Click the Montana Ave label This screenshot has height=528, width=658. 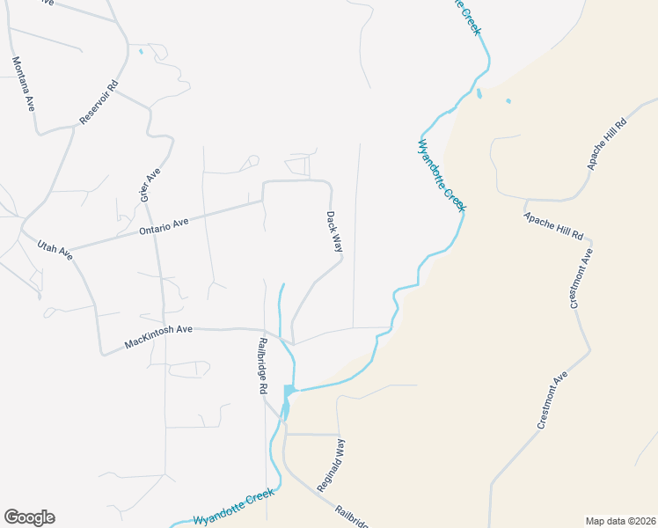click(x=23, y=84)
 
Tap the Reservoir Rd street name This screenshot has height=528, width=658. click(x=99, y=103)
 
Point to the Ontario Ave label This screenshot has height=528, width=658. click(x=164, y=226)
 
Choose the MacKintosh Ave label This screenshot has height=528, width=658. click(x=158, y=336)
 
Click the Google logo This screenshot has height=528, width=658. click(x=29, y=517)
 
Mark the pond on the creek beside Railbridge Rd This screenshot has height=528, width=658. click(x=288, y=391)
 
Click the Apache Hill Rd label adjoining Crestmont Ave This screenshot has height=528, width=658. click(x=554, y=226)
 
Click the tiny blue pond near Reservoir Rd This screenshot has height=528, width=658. click(x=141, y=51)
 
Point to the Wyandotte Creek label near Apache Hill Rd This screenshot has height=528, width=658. click(x=441, y=175)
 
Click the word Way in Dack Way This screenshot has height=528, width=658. click(x=337, y=243)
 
